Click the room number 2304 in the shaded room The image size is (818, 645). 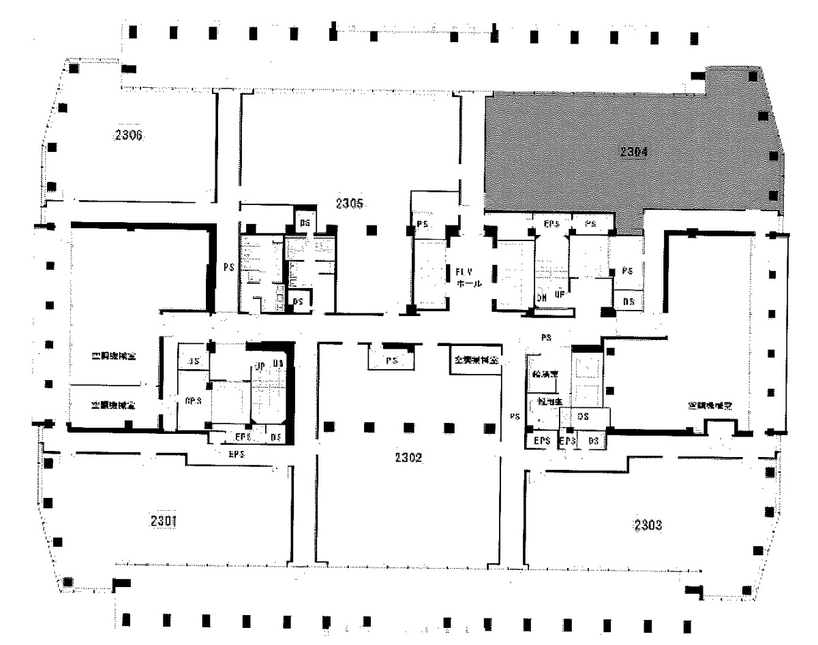[633, 152]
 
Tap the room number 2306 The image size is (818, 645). [128, 135]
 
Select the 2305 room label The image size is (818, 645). [351, 203]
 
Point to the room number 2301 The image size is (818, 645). [164, 522]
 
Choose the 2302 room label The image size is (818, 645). [409, 458]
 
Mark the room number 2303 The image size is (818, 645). [648, 525]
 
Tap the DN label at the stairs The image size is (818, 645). [541, 298]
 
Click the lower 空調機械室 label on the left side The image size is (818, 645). [113, 405]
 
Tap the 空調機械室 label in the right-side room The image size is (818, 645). [710, 405]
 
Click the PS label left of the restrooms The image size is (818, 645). [228, 268]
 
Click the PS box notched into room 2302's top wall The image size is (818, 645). [391, 361]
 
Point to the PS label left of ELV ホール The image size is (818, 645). [422, 225]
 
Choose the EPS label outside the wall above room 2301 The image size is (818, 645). [237, 454]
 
